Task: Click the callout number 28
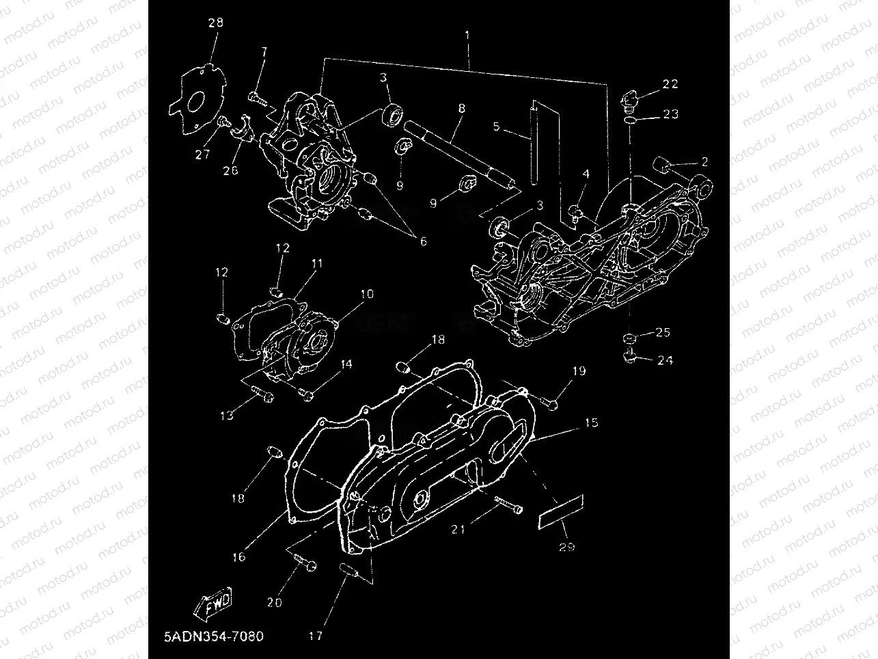point(215,23)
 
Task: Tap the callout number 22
point(670,84)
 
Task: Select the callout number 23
point(670,114)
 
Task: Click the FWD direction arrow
point(215,602)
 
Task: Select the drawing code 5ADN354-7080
point(213,636)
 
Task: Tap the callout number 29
point(566,546)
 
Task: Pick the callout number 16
point(238,557)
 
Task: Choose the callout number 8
point(461,109)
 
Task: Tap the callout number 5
point(497,126)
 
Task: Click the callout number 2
point(704,162)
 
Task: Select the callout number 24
point(664,360)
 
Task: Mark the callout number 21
point(458,528)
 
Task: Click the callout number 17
point(315,636)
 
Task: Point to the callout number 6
point(423,241)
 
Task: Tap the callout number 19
point(579,371)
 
